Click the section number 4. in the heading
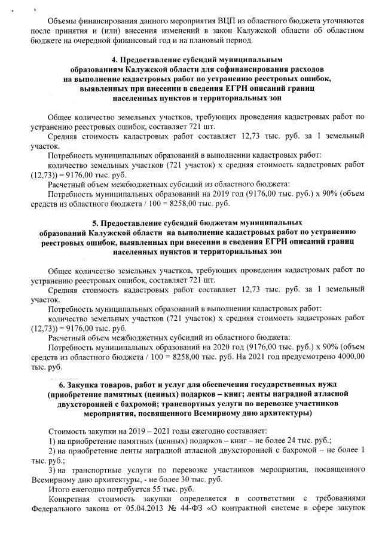pyautogui.click(x=116, y=60)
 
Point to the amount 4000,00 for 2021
pyautogui.click(x=348, y=357)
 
